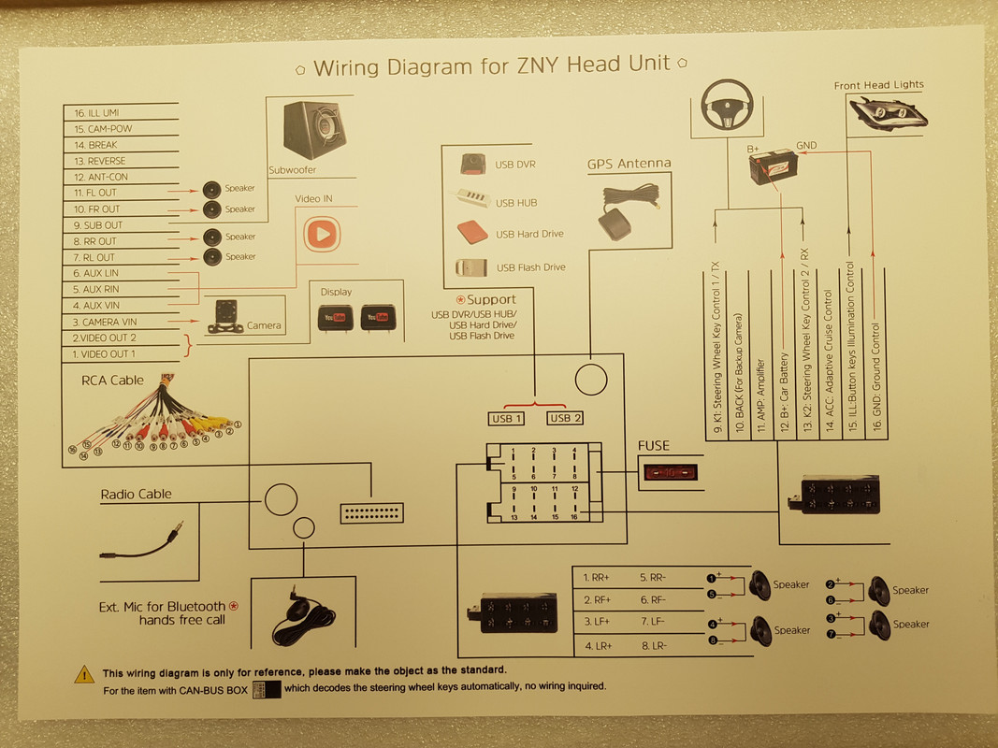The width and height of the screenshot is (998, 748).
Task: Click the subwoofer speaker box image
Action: (314, 130)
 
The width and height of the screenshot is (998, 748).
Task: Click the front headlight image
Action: (886, 112)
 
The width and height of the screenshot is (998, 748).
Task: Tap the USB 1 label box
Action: (506, 418)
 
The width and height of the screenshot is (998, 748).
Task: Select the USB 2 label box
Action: (565, 418)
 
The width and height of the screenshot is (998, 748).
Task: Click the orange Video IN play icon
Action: (319, 234)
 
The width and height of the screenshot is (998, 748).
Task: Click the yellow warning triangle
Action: (84, 673)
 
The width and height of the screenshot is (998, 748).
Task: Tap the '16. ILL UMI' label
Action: (97, 112)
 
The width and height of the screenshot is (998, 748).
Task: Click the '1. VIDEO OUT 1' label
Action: (104, 353)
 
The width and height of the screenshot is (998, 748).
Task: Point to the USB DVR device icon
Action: (471, 164)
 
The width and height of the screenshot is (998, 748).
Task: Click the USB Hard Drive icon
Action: (471, 232)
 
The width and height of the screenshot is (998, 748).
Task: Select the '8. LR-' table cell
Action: (655, 646)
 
